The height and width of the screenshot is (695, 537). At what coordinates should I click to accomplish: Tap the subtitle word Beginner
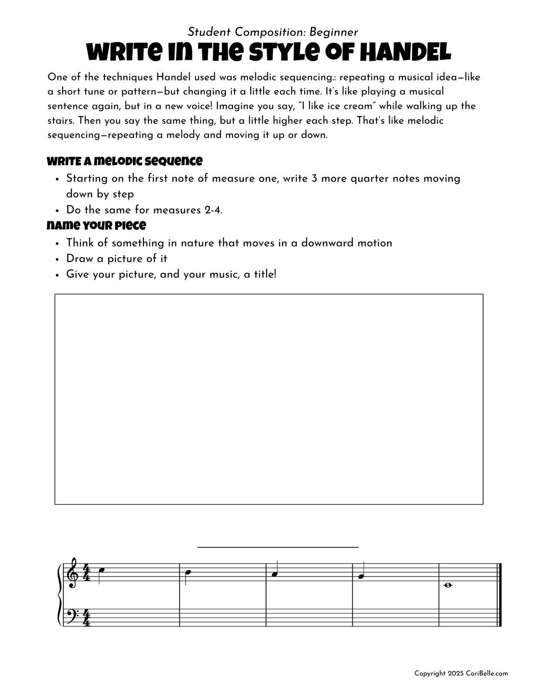point(334,32)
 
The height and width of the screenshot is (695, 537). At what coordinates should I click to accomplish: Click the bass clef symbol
point(71,614)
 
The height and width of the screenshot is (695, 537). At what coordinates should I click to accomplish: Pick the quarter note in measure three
point(274,575)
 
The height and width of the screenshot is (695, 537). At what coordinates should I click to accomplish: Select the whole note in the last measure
point(448,585)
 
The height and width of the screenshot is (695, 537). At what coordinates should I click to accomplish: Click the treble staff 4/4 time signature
point(86,573)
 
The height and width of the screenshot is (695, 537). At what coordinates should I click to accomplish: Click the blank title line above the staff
point(278,547)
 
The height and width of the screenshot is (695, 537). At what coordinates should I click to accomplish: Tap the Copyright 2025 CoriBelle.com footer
point(461,674)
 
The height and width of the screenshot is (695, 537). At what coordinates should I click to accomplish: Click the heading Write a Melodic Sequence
point(125,161)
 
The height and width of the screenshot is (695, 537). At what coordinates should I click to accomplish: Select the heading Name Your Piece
point(96,225)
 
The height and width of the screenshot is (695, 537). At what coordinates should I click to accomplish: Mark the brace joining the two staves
point(60,595)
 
